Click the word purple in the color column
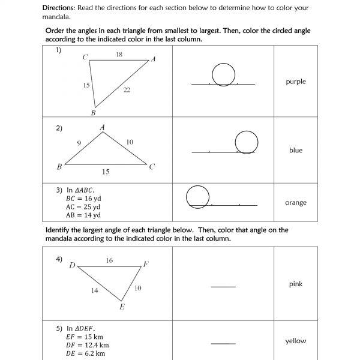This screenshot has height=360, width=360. [x=296, y=82]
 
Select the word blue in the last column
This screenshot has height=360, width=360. [x=296, y=151]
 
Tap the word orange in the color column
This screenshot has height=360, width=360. [x=296, y=203]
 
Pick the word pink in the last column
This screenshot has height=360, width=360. [x=296, y=284]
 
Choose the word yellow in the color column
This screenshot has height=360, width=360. [x=296, y=341]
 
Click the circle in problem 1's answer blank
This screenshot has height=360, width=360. [x=223, y=74]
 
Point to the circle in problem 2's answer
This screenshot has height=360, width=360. [x=247, y=142]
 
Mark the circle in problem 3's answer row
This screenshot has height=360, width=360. [x=198, y=196]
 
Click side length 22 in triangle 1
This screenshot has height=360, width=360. [x=127, y=90]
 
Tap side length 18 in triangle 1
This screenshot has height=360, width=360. [x=119, y=55]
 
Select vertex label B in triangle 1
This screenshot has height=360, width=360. [x=93, y=112]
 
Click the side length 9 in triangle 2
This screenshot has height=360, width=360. [x=79, y=143]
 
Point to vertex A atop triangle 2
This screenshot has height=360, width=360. [x=103, y=127]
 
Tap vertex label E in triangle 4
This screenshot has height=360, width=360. [x=122, y=307]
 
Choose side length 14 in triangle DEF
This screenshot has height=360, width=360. [x=95, y=290]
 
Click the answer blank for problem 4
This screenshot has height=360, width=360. [x=223, y=286]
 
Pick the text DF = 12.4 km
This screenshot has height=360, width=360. [x=88, y=345]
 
